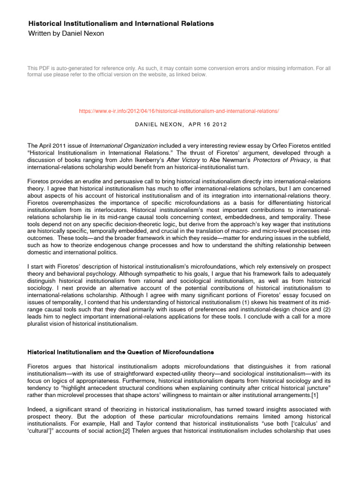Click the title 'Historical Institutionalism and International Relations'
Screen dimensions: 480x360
(121, 23)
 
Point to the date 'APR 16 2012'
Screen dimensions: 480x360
(209, 124)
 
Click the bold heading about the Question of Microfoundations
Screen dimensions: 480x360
(121, 352)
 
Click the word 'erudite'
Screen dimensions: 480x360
(89, 181)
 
